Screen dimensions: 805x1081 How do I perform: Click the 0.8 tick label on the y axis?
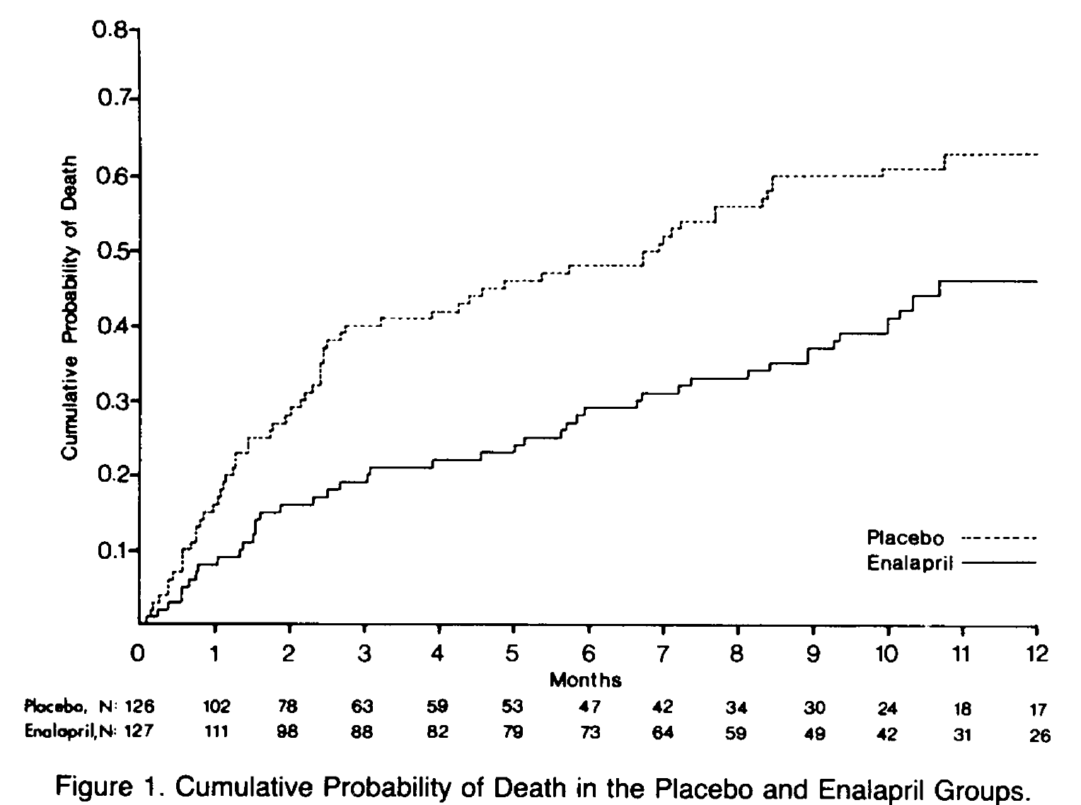pyautogui.click(x=111, y=30)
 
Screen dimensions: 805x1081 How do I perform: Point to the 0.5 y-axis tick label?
pyautogui.click(x=111, y=251)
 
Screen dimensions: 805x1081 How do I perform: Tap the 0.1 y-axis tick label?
pyautogui.click(x=111, y=550)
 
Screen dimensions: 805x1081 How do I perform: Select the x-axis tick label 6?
pyautogui.click(x=589, y=654)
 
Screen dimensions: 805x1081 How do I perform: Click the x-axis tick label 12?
pyautogui.click(x=1037, y=654)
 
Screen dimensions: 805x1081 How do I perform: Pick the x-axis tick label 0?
pyautogui.click(x=139, y=654)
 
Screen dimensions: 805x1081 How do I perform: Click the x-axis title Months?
pyautogui.click(x=586, y=681)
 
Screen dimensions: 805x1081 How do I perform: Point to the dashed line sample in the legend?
pyautogui.click(x=999, y=538)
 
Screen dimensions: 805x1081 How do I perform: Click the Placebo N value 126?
pyautogui.click(x=140, y=706)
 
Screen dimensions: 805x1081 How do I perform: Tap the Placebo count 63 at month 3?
pyautogui.click(x=363, y=706)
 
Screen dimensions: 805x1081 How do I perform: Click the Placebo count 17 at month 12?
pyautogui.click(x=1037, y=708)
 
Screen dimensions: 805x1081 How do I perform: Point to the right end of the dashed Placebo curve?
pyautogui.click(x=1037, y=154)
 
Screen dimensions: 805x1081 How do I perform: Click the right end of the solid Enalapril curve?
pyautogui.click(x=1037, y=282)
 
